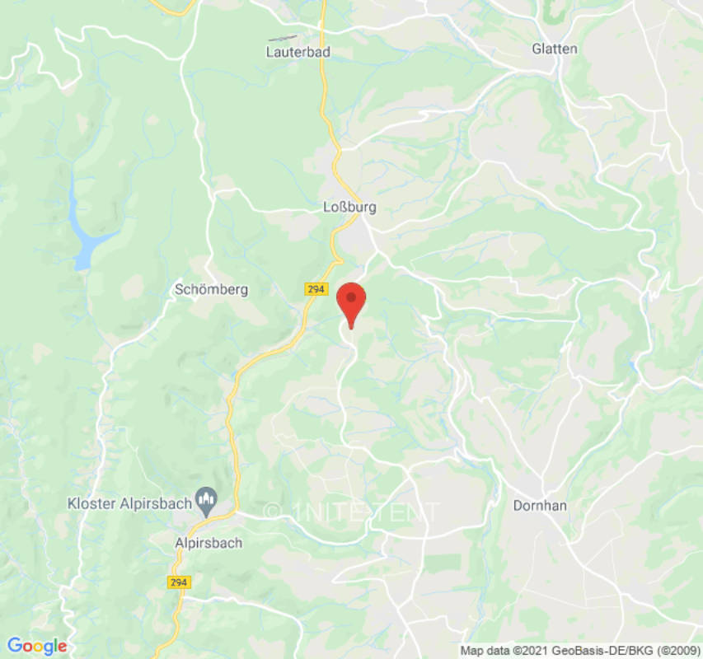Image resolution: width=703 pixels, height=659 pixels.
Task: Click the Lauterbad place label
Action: [x=298, y=51]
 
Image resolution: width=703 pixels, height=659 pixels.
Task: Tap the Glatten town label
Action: [x=555, y=49]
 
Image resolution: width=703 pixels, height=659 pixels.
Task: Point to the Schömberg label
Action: [x=211, y=289]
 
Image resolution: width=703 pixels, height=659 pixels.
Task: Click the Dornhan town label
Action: [x=540, y=506]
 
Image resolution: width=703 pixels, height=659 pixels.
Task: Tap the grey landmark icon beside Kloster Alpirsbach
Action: [x=205, y=499]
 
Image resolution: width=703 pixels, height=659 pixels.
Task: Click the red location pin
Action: [x=352, y=300]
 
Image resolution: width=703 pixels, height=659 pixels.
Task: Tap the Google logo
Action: [x=36, y=646]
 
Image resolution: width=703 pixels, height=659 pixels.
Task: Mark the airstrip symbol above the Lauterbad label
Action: [x=283, y=38]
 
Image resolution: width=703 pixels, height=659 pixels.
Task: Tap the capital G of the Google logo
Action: [x=14, y=646]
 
